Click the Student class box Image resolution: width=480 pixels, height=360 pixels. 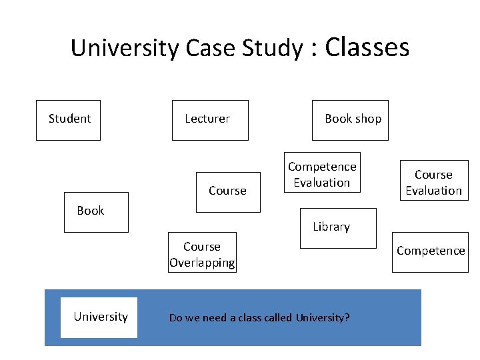coord(68,120)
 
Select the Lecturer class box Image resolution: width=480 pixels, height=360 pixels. coord(210,120)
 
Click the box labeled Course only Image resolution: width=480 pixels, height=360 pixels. coord(228,192)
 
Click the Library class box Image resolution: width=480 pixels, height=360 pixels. coord(338,228)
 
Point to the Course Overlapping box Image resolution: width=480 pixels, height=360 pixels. coord(202,255)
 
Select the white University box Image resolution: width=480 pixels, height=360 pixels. coord(99,317)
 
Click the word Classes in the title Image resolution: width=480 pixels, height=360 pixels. coord(367,47)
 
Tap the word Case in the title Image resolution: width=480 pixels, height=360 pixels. coord(205,49)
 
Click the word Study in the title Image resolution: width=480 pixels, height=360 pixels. coord(262,49)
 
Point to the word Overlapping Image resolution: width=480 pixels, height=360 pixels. coord(202,263)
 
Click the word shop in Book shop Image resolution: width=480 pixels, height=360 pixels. coord(369,119)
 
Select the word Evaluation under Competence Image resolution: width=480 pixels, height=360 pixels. coord(322,183)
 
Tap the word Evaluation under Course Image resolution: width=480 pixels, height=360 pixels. coord(433,191)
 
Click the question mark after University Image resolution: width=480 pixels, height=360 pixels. coord(347,318)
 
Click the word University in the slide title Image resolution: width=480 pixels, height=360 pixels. coord(124,49)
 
